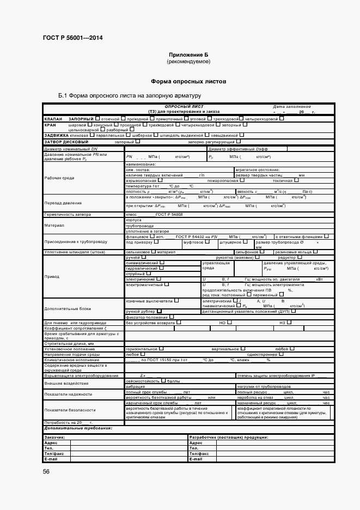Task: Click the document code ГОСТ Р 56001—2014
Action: [72, 38]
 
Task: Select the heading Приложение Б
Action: [188, 56]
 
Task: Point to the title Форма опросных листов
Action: [188, 81]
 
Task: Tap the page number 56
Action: [46, 472]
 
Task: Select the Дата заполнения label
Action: [291, 106]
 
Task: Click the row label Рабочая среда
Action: [60, 178]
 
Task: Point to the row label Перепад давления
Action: [62, 203]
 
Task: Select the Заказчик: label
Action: [55, 437]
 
